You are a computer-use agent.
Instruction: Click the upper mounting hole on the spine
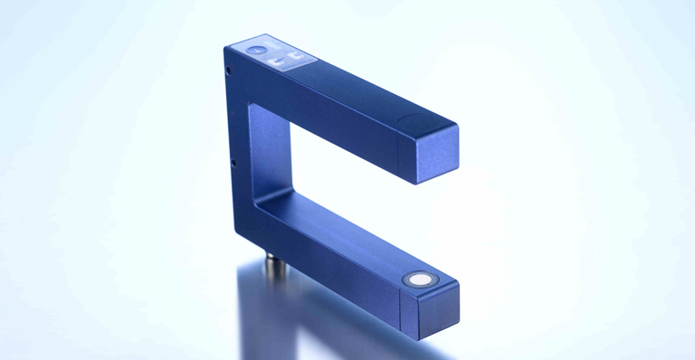[228, 70]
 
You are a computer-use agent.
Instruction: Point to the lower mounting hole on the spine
[233, 163]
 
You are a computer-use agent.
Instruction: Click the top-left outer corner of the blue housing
[224, 46]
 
